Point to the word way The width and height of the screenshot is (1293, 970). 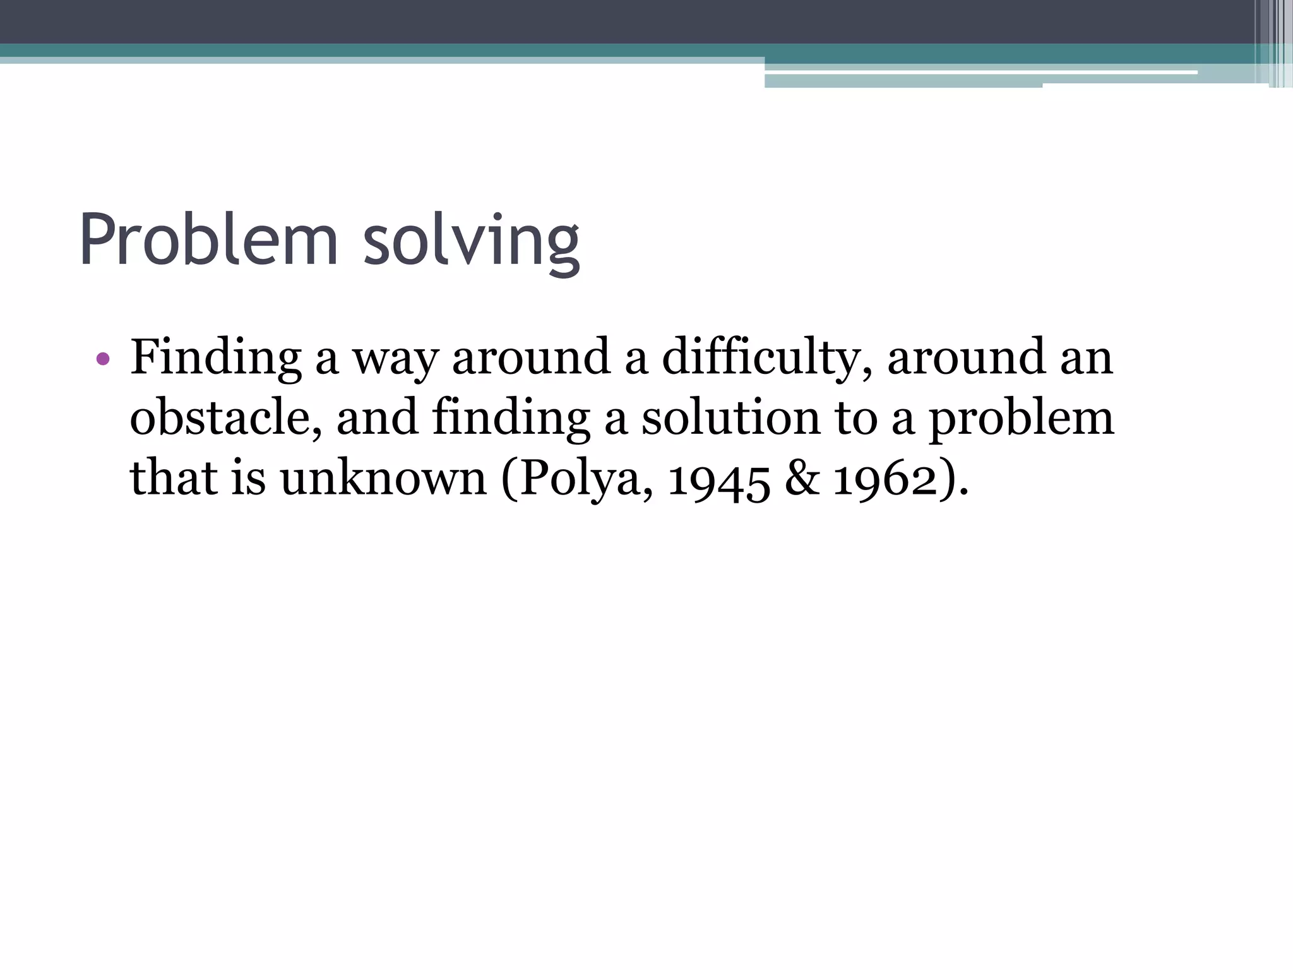click(395, 359)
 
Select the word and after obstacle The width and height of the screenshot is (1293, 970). click(377, 418)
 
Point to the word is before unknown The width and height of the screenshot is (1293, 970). click(248, 477)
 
